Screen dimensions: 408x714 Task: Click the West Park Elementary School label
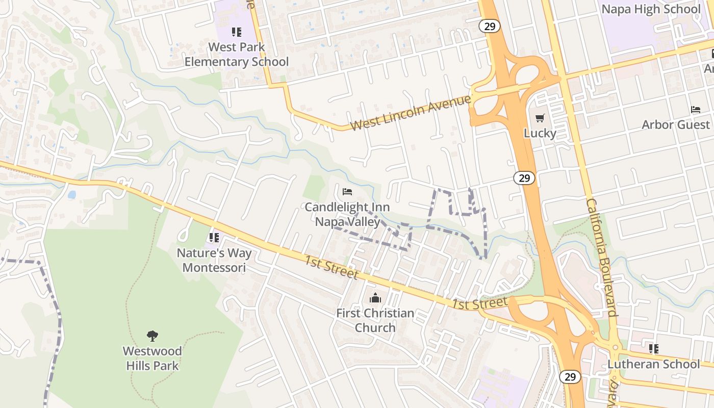pyautogui.click(x=237, y=55)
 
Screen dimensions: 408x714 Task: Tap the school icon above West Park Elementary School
pyautogui.click(x=236, y=32)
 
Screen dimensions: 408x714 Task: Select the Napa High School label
pyautogui.click(x=651, y=9)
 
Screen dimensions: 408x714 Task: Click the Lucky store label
pyautogui.click(x=540, y=133)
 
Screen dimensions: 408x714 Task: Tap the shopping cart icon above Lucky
pyautogui.click(x=540, y=118)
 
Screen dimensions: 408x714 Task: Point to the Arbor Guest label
pyautogui.click(x=675, y=124)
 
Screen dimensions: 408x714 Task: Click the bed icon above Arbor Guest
pyautogui.click(x=695, y=109)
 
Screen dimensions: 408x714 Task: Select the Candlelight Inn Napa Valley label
pyautogui.click(x=347, y=215)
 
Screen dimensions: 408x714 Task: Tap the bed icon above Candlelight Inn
pyautogui.click(x=347, y=192)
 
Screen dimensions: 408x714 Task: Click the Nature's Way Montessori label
pyautogui.click(x=214, y=260)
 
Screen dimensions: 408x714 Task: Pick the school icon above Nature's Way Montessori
pyautogui.click(x=214, y=238)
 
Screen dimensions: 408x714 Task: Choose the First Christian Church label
pyautogui.click(x=375, y=320)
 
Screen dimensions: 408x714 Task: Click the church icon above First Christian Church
pyautogui.click(x=375, y=298)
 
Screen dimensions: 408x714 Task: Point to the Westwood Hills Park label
pyautogui.click(x=152, y=358)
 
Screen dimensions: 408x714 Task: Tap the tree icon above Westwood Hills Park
pyautogui.click(x=152, y=336)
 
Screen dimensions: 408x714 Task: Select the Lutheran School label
pyautogui.click(x=653, y=364)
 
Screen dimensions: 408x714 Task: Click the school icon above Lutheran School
pyautogui.click(x=653, y=349)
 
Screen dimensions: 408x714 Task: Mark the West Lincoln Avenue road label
pyautogui.click(x=411, y=112)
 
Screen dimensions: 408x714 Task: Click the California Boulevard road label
pyautogui.click(x=602, y=257)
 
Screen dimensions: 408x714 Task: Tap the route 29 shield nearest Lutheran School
pyautogui.click(x=570, y=377)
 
